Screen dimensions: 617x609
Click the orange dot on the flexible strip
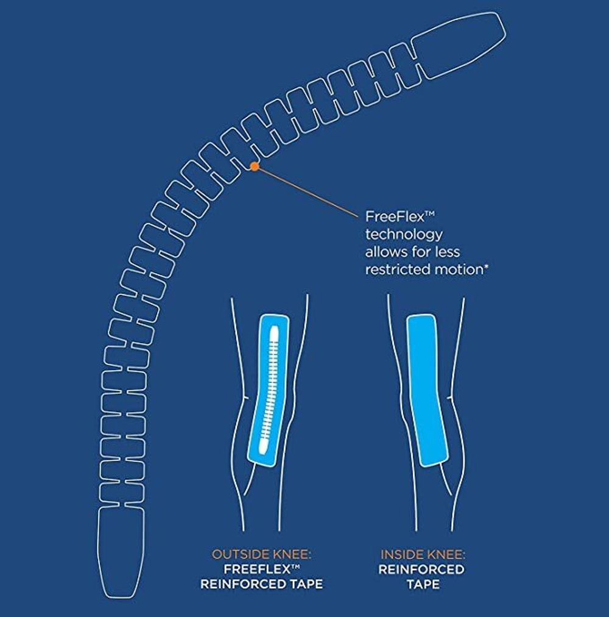255,165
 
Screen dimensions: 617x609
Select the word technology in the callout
404,235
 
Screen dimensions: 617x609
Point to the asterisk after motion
486,266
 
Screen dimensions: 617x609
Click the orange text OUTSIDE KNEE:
261,555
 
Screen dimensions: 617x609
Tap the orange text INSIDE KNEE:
423,555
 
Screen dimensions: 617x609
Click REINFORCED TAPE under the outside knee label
261,584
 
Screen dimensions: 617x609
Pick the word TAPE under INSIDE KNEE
423,584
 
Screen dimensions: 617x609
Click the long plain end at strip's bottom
121,552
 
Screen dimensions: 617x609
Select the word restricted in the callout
393,269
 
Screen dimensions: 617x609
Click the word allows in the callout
385,252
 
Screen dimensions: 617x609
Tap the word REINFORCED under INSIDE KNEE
421,569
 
